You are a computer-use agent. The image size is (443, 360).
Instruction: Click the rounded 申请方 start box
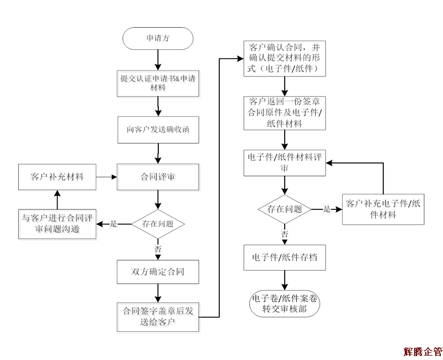click(x=158, y=39)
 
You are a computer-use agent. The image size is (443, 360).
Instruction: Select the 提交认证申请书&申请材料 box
click(x=158, y=84)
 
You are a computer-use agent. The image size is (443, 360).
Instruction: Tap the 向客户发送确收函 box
click(x=158, y=130)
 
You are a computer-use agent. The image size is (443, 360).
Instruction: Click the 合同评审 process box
click(x=158, y=177)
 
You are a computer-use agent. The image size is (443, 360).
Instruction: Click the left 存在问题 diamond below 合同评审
click(x=158, y=224)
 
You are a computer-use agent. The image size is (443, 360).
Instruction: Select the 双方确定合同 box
click(x=158, y=271)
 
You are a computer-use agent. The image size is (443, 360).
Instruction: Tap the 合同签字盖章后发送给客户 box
click(x=158, y=316)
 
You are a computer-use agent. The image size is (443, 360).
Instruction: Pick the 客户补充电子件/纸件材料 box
click(x=383, y=209)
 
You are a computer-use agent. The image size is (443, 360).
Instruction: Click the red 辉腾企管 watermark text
click(x=423, y=351)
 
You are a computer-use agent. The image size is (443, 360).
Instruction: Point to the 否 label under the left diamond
click(x=158, y=249)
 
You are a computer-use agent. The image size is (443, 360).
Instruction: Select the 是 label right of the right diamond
click(x=327, y=209)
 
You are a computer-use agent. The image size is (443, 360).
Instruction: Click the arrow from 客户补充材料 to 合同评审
click(x=106, y=177)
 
